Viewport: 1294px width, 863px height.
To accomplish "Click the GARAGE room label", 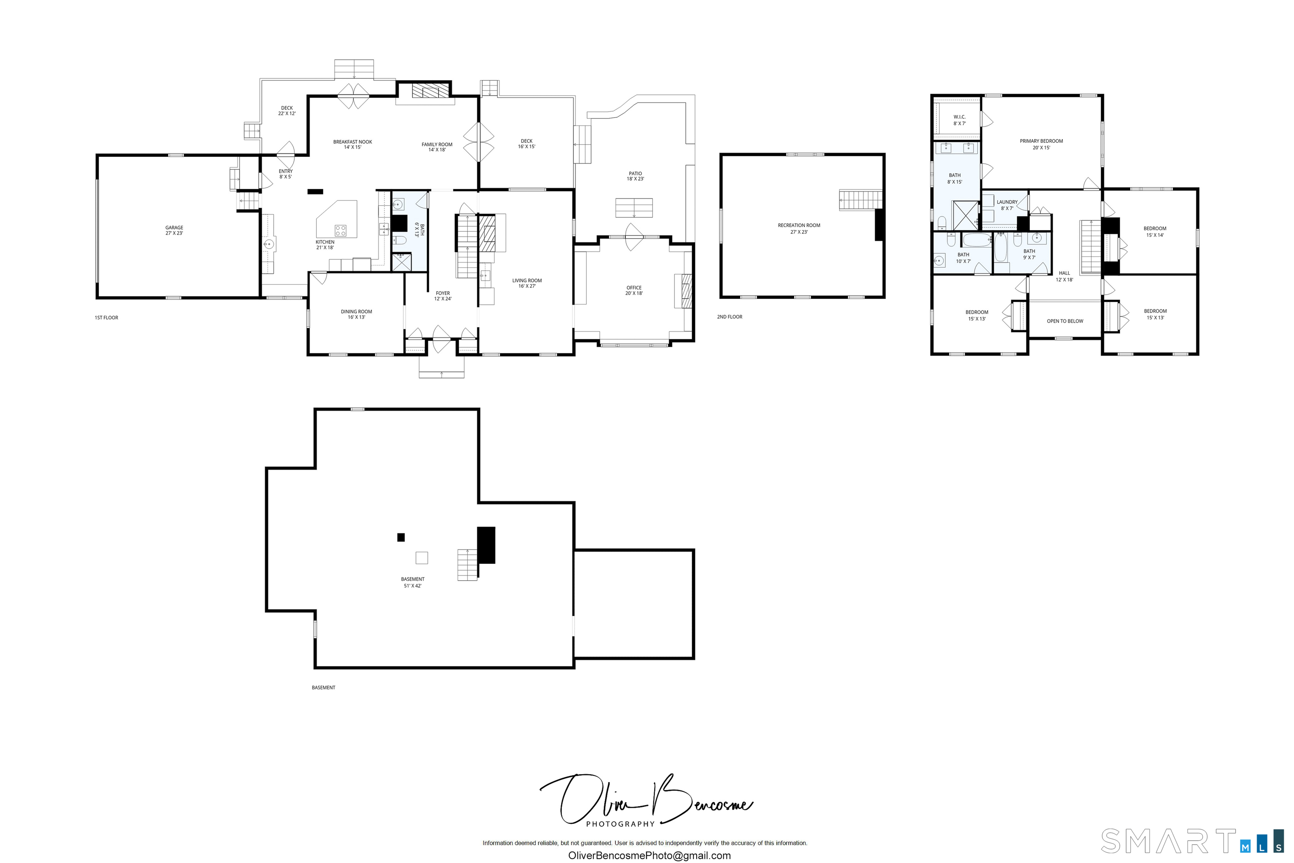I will (x=174, y=230).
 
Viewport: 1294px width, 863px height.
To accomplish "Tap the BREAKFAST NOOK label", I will (x=353, y=144).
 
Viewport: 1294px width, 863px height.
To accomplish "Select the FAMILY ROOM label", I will (x=437, y=147).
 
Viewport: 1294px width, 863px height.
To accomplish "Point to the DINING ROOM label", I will (x=356, y=314).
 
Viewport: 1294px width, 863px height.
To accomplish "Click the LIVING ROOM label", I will (x=527, y=283).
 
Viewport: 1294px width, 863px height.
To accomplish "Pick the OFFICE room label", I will (x=634, y=290).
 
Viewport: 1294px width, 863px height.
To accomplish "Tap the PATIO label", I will (x=636, y=176).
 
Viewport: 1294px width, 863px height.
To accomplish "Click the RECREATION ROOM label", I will (x=799, y=228).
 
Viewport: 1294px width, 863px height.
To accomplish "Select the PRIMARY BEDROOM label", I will (x=1041, y=144).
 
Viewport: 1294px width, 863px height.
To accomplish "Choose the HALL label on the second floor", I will (x=1064, y=276).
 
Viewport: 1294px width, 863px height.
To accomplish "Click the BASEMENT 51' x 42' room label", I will (x=413, y=582).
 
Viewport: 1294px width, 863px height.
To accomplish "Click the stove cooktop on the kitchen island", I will (x=340, y=230).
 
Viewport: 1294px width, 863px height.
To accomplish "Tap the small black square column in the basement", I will (x=401, y=537).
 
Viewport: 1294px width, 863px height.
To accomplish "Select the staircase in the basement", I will (x=467, y=565).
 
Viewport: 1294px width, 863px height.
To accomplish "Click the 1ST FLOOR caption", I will (x=107, y=318).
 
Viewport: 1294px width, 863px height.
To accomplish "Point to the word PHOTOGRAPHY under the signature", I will (x=620, y=824).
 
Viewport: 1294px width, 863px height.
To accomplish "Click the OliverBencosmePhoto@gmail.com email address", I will (x=649, y=855).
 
